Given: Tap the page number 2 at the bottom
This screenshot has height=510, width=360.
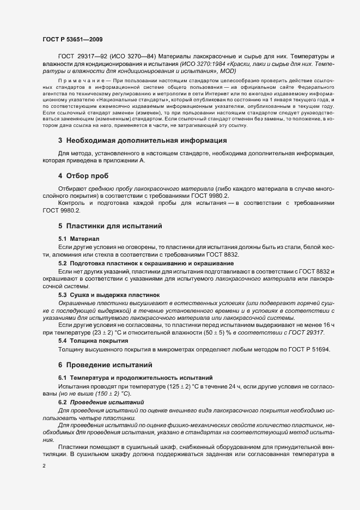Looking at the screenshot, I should point(44,466).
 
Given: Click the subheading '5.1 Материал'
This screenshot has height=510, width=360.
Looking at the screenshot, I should point(79,239).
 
